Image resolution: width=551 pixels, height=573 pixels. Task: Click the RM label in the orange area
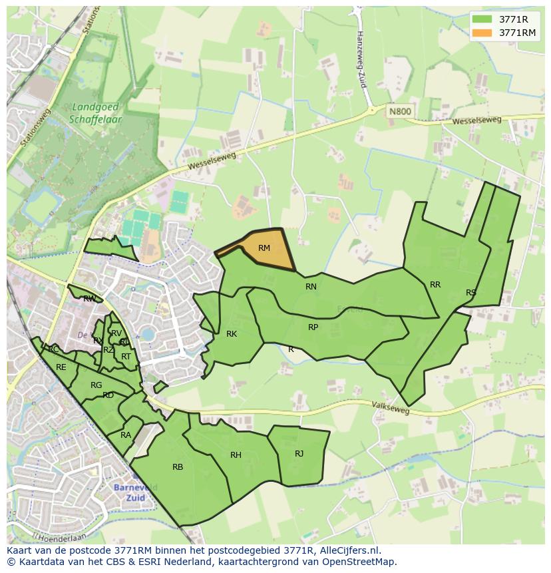pyautogui.click(x=264, y=248)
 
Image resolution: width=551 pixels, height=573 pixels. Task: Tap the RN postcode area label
pyautogui.click(x=311, y=287)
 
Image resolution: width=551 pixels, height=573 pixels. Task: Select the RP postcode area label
pyautogui.click(x=313, y=327)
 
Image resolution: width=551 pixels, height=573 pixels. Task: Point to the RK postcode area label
pyautogui.click(x=232, y=334)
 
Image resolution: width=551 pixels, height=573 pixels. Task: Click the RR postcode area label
pyautogui.click(x=435, y=285)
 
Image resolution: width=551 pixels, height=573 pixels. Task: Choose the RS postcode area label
pyautogui.click(x=471, y=293)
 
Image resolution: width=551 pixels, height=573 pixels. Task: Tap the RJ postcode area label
pyautogui.click(x=299, y=454)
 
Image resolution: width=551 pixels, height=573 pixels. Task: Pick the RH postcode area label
pyautogui.click(x=236, y=455)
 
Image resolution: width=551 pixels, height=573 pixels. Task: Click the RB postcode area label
pyautogui.click(x=178, y=467)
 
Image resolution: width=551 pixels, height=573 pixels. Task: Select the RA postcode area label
pyautogui.click(x=126, y=435)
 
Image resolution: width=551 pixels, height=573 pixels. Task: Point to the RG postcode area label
pyautogui.click(x=96, y=385)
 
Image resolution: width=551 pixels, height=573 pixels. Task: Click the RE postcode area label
pyautogui.click(x=61, y=367)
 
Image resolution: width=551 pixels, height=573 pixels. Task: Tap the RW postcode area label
pyautogui.click(x=89, y=299)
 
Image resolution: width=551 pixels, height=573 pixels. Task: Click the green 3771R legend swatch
pyautogui.click(x=482, y=19)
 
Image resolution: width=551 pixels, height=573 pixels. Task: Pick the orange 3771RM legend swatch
pyautogui.click(x=482, y=33)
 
